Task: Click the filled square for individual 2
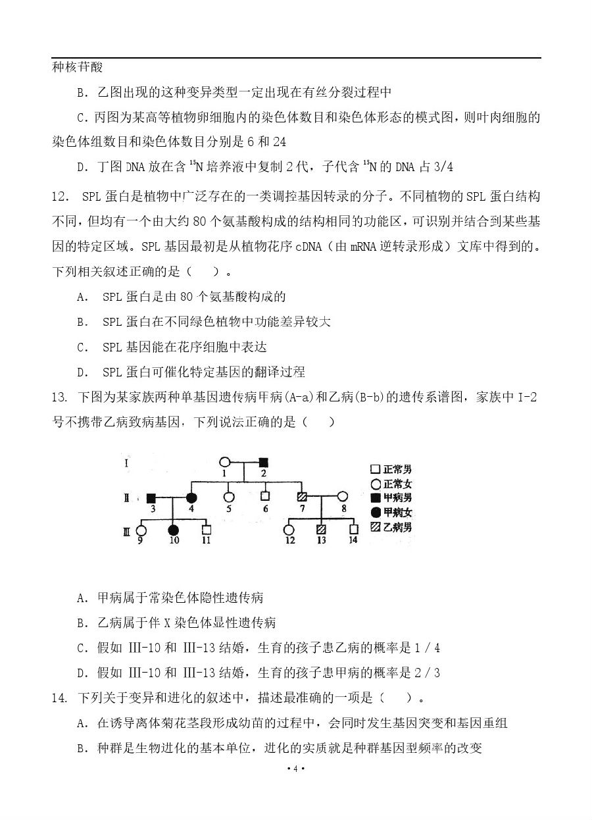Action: point(263,463)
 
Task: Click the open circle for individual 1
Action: point(224,463)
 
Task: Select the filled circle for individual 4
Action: point(191,498)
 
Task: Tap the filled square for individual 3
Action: point(151,498)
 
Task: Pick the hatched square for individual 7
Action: point(303,498)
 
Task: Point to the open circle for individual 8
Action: point(342,498)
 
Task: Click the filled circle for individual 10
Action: point(174,529)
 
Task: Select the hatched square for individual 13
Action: point(321,529)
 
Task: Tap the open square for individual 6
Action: point(265,498)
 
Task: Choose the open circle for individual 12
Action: point(288,529)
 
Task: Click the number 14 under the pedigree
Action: point(354,540)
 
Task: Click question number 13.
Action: point(59,397)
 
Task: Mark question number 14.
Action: point(59,698)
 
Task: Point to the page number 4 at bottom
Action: point(296,769)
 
